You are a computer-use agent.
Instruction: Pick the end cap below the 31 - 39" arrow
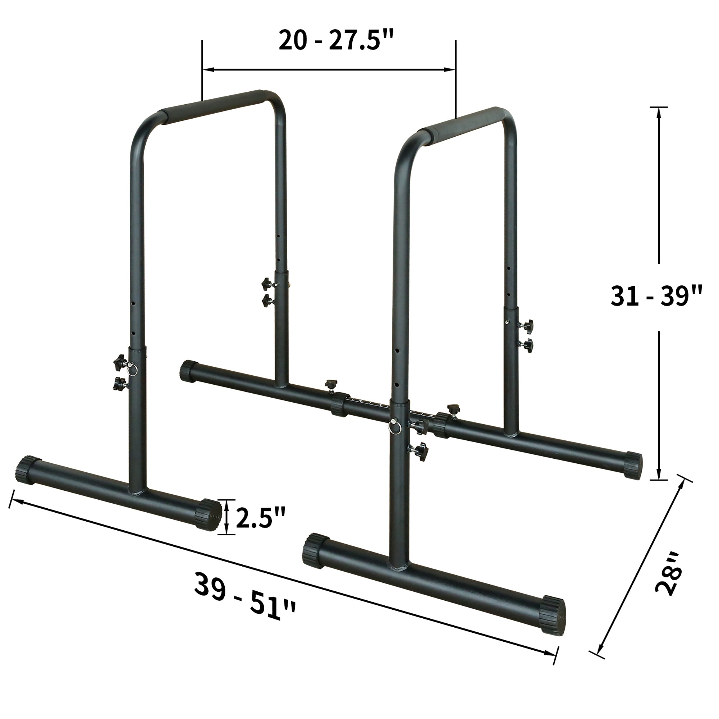[633, 465]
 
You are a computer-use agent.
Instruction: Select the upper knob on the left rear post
[266, 283]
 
